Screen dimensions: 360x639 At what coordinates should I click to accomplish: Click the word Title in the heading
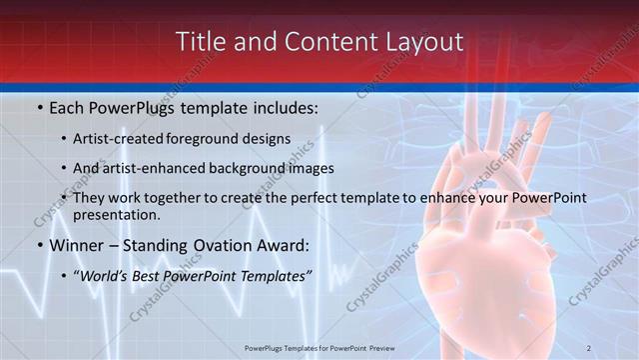[200, 42]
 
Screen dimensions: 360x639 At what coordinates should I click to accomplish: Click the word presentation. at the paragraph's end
[116, 214]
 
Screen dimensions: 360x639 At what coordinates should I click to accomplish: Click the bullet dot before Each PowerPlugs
[39, 107]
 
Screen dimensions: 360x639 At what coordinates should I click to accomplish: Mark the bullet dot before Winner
[39, 245]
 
